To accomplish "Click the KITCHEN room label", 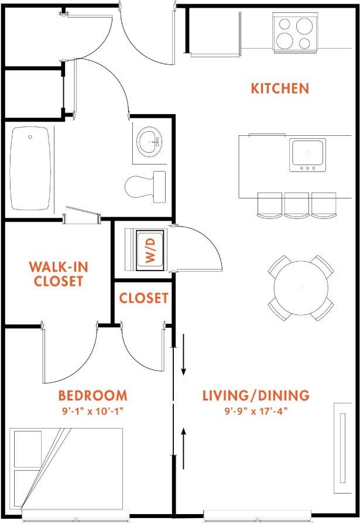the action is pyautogui.click(x=280, y=88).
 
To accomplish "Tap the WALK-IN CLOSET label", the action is pyautogui.click(x=59, y=274).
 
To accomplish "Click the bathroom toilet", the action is pyautogui.click(x=145, y=187).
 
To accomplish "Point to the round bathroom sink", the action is pyautogui.click(x=149, y=142).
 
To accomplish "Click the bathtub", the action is pyautogui.click(x=32, y=169).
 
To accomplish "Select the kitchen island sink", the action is pyautogui.click(x=307, y=155).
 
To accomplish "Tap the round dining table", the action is pyautogui.click(x=301, y=287).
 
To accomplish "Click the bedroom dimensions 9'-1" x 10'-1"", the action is pyautogui.click(x=93, y=411).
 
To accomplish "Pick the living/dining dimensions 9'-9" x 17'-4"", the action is pyautogui.click(x=256, y=411).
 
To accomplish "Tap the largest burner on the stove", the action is pyautogui.click(x=304, y=26).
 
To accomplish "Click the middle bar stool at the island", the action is pyautogui.click(x=297, y=205).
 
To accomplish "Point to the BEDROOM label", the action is pyautogui.click(x=93, y=395).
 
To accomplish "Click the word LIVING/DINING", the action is pyautogui.click(x=256, y=395).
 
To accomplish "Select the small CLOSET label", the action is pyautogui.click(x=143, y=298).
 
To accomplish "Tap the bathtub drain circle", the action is pyautogui.click(x=30, y=137).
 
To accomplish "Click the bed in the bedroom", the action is pyautogui.click(x=66, y=468).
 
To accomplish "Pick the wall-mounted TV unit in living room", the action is pyautogui.click(x=342, y=448).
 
